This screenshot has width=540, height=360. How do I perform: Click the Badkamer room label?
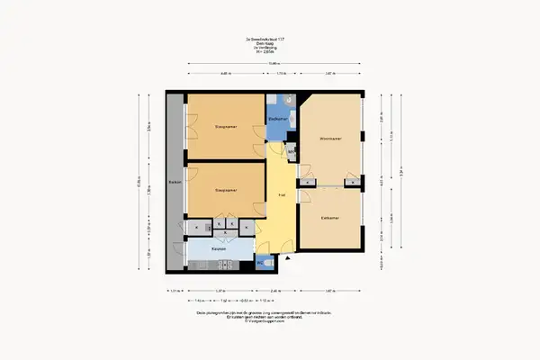click(277, 119)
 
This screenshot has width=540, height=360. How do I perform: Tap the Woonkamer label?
click(330, 139)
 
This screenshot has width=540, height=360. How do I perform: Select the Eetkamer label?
click(329, 218)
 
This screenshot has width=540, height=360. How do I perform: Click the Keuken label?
click(218, 248)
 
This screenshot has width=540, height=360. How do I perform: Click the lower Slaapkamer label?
click(225, 191)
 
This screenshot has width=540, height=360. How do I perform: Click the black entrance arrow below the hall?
click(287, 258)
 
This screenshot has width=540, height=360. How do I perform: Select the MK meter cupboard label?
click(291, 152)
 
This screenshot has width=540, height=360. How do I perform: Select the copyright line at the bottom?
click(269, 322)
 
